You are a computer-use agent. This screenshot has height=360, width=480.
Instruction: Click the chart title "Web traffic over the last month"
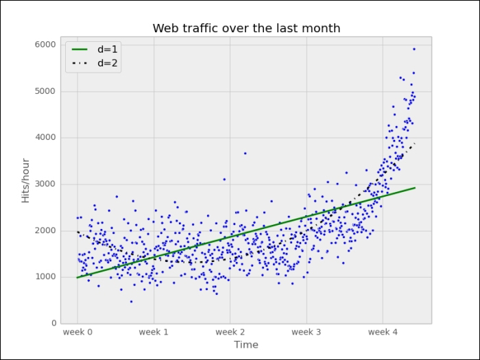click(x=246, y=28)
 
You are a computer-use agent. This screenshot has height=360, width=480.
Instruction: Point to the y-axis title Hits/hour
click(x=25, y=180)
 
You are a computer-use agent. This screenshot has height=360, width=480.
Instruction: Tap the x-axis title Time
click(x=246, y=345)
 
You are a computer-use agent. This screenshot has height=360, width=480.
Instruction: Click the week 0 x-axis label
click(x=77, y=333)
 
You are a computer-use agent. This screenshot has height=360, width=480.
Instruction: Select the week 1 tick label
click(x=154, y=333)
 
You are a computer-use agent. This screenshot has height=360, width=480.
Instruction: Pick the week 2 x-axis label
click(x=230, y=333)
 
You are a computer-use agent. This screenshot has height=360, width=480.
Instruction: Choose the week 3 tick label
click(x=307, y=333)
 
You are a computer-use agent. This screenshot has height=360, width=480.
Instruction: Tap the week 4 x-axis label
click(x=383, y=333)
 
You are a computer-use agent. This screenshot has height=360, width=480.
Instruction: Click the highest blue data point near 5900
click(x=414, y=49)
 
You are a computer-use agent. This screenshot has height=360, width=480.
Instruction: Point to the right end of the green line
click(x=415, y=187)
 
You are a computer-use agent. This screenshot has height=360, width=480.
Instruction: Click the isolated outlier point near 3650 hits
click(x=245, y=153)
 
